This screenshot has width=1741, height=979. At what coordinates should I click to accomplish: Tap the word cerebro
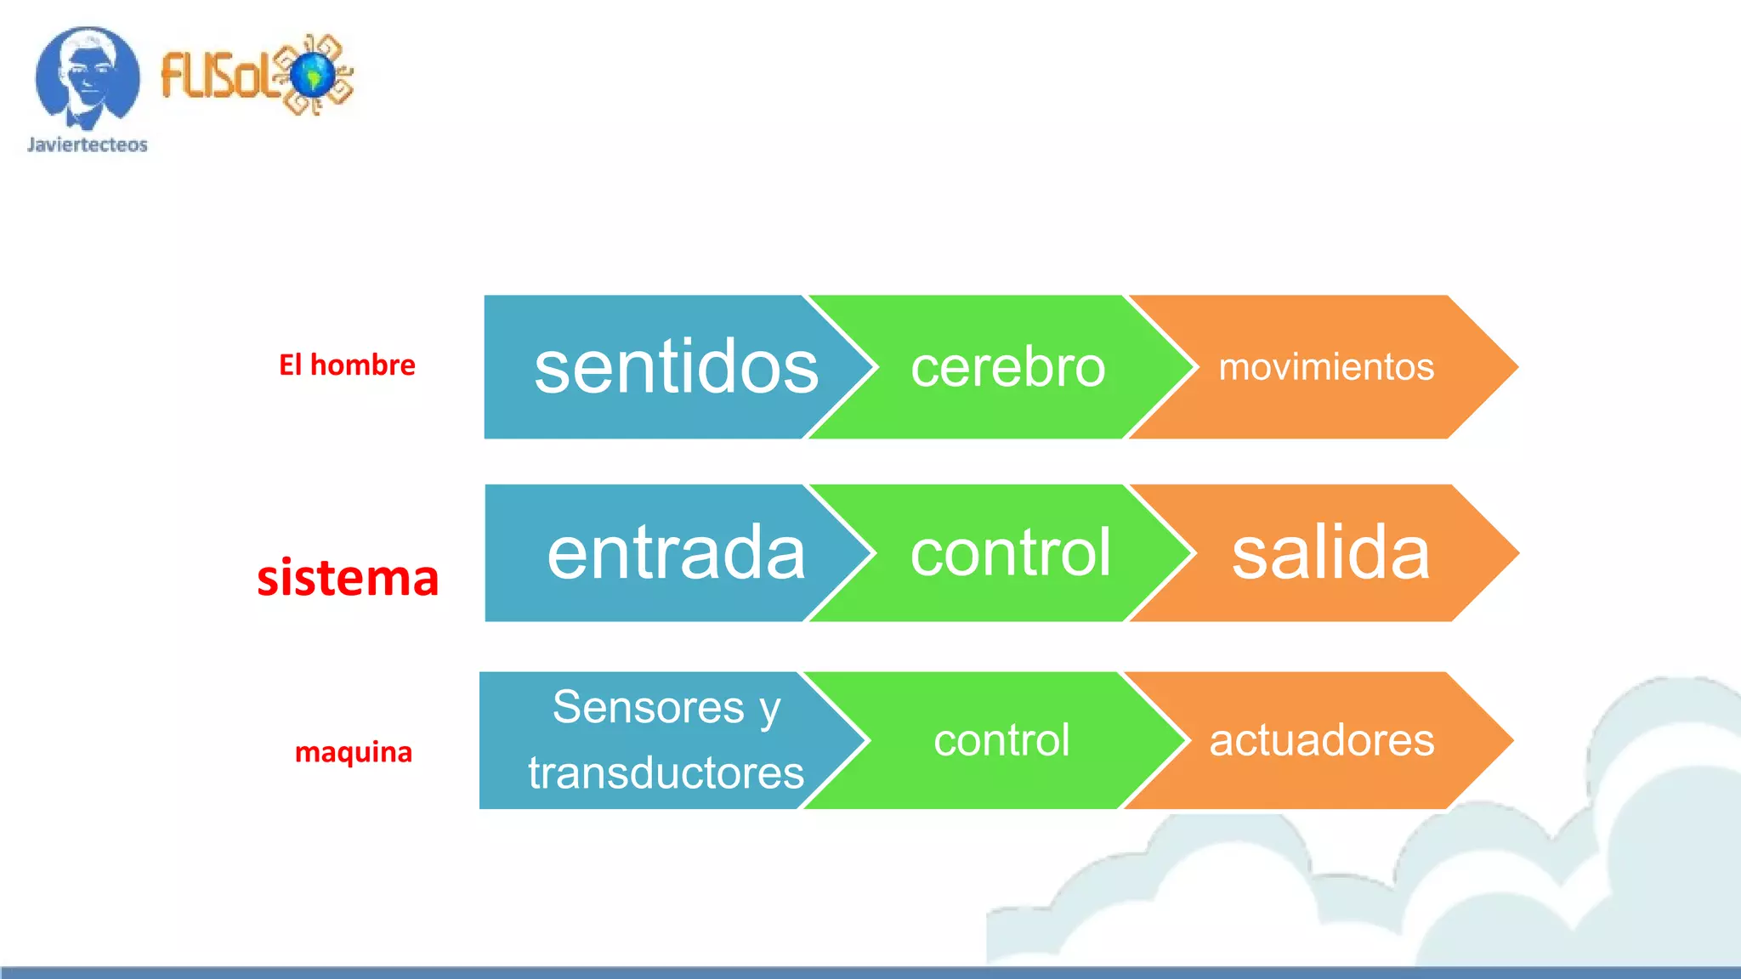(x=1007, y=367)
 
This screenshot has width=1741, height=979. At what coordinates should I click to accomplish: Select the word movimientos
(x=1326, y=367)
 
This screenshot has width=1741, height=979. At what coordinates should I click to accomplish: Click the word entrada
(x=676, y=553)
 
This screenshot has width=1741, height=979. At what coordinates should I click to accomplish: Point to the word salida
(x=1330, y=553)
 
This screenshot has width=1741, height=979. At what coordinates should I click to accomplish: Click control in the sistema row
(x=1010, y=553)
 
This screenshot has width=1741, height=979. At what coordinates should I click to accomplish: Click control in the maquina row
(x=1001, y=740)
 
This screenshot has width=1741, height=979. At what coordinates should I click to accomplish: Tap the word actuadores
(x=1322, y=740)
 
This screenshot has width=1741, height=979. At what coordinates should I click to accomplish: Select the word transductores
(x=666, y=772)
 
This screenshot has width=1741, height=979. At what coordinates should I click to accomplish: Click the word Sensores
(x=649, y=707)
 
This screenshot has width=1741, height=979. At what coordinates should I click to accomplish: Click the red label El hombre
(x=347, y=365)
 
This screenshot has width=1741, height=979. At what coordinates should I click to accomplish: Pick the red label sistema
(x=348, y=578)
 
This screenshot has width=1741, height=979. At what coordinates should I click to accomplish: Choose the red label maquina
(x=353, y=752)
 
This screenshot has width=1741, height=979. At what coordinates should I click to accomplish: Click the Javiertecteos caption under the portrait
(x=88, y=144)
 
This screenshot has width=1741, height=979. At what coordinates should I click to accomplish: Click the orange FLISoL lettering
(x=217, y=75)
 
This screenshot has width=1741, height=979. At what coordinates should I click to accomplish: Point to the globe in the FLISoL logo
(x=315, y=75)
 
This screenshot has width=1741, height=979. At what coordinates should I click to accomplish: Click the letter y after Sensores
(x=769, y=710)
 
